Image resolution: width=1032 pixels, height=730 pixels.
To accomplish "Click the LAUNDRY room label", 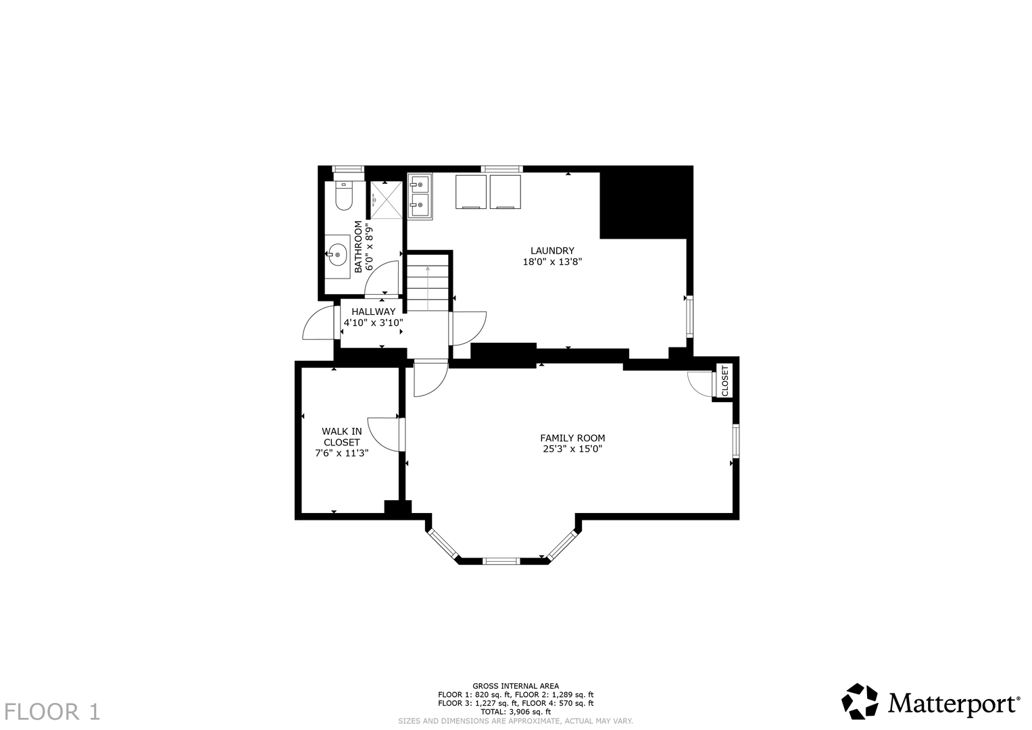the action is pos(552,251).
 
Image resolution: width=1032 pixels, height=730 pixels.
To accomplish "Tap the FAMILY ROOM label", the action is pos(572,438).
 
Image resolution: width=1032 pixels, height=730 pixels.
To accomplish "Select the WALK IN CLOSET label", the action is pos(341,437).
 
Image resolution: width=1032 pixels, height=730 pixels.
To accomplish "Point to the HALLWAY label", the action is pos(373,312).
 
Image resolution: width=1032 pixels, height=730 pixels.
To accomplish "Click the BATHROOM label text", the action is pos(358,247).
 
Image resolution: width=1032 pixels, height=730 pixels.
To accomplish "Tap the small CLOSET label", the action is pos(724,381).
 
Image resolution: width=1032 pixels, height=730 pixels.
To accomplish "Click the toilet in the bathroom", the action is pos(344,196).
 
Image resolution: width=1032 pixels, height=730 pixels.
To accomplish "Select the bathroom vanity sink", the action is pos(338,254).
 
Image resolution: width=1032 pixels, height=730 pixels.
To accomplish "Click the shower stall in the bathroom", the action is pos(387,200).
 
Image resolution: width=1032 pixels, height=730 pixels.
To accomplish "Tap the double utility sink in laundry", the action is pos(420,196).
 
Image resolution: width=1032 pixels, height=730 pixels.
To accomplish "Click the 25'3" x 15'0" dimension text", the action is pos(572,449).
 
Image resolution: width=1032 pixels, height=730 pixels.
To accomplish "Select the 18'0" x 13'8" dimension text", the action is pos(552,262).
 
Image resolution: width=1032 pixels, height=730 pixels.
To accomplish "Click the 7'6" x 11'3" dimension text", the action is pos(341,453).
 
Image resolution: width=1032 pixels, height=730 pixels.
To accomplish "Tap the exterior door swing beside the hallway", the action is pos(318,322).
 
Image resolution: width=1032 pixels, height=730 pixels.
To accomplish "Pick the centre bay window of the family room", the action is pos(501,561).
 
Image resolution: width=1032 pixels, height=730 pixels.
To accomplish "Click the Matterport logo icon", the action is pos(860,702).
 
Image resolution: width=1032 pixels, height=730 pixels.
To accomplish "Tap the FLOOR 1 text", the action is pos(51,712).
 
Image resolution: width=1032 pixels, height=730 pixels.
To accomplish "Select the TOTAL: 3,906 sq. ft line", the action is pos(516,712).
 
